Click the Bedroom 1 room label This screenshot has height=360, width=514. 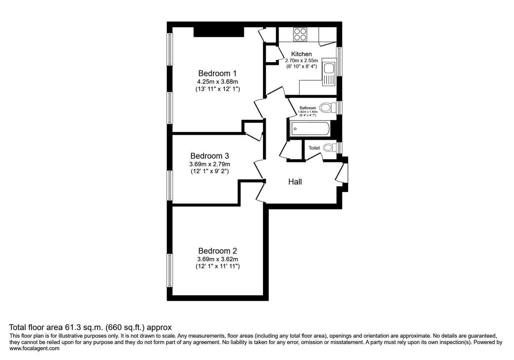[x=217, y=73]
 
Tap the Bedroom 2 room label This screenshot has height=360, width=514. [x=217, y=251]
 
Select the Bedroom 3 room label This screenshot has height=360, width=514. [x=209, y=156]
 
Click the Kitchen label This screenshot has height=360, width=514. [x=301, y=54]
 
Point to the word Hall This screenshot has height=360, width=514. [x=295, y=182]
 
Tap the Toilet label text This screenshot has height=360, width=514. [x=314, y=148]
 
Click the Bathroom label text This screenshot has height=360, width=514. [x=308, y=108]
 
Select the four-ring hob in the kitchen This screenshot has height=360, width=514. [x=300, y=34]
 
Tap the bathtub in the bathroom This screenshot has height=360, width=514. [x=310, y=129]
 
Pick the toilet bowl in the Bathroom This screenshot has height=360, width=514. [x=327, y=108]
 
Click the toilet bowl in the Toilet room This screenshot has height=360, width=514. [x=330, y=147]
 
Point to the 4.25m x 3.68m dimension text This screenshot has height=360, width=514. [x=217, y=81]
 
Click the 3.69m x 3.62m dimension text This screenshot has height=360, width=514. [x=217, y=259]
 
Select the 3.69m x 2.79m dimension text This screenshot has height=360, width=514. [x=209, y=164]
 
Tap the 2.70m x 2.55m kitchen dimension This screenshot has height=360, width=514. [x=301, y=60]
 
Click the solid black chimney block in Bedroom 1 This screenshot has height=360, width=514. [x=218, y=32]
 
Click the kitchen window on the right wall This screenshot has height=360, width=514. [x=339, y=61]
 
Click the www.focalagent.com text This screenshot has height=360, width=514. [x=34, y=348]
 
